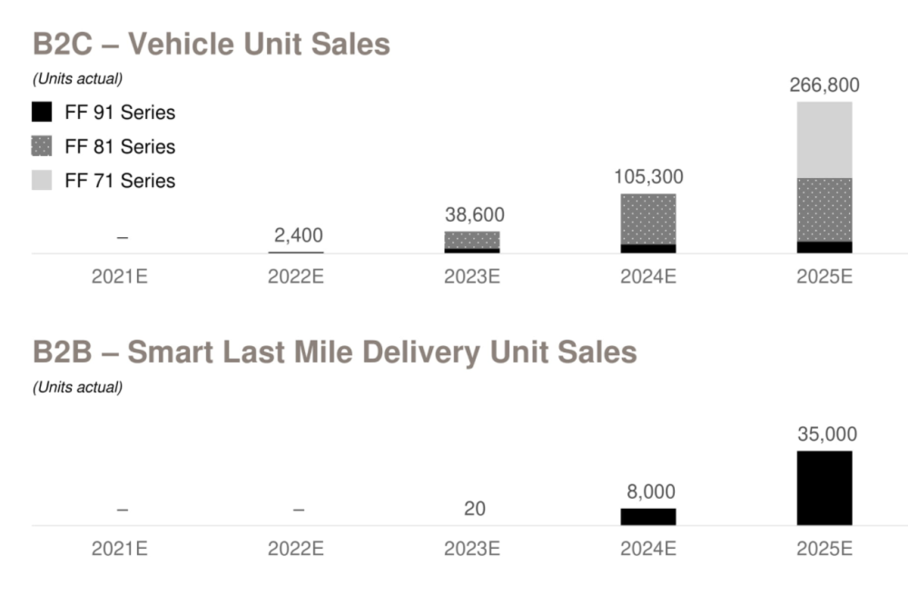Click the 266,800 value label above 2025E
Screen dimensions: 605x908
(824, 85)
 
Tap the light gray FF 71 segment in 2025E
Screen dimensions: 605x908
(824, 139)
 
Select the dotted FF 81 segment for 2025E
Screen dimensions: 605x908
(824, 209)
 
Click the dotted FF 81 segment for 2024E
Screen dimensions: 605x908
(648, 219)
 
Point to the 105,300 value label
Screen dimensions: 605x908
(648, 177)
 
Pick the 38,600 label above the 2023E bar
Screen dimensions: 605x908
(474, 215)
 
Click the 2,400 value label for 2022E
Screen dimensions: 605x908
(298, 236)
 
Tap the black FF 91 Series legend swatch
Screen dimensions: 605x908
(42, 113)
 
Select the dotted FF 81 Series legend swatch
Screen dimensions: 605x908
(42, 146)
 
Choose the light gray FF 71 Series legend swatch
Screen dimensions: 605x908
(42, 180)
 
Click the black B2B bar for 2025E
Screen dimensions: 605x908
(824, 488)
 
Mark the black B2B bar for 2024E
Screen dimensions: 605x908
(648, 516)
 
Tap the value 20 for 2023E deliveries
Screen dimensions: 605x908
(474, 509)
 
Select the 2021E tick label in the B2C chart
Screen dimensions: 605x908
(119, 277)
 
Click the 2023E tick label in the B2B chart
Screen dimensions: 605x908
(471, 549)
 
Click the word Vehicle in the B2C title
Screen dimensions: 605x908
(185, 44)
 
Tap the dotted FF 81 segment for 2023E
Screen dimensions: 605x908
(472, 240)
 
